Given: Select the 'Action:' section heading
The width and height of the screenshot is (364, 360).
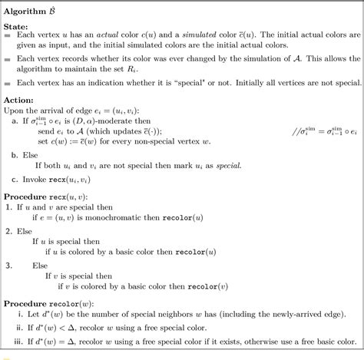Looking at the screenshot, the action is [19, 100].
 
